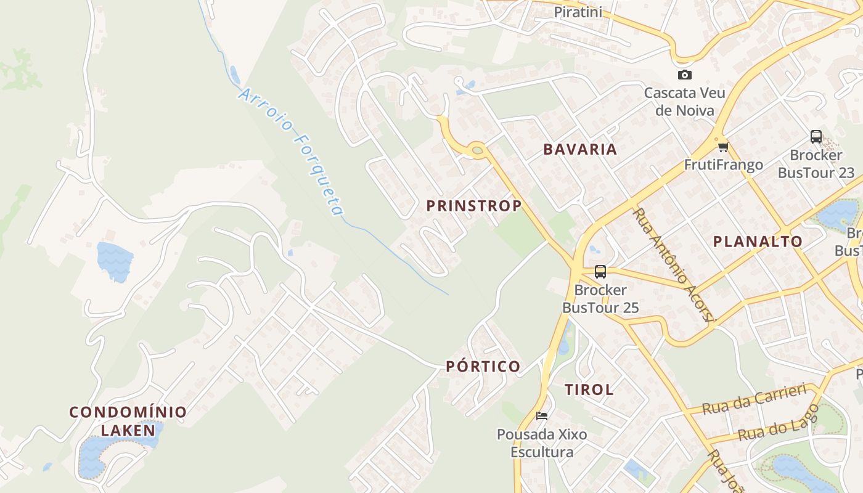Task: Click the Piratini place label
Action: (x=578, y=12)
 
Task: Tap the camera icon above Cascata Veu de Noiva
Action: (x=684, y=75)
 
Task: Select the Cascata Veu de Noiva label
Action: (x=684, y=102)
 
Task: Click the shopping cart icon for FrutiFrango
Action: (x=723, y=147)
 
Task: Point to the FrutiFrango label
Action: (x=723, y=165)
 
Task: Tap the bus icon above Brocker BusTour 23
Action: (x=816, y=136)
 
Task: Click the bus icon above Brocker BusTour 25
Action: (x=600, y=271)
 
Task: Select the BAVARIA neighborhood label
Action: (x=580, y=149)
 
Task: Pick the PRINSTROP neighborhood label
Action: (x=474, y=206)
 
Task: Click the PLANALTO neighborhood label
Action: (x=758, y=242)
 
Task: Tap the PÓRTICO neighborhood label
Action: (x=483, y=367)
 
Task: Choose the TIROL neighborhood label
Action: (x=589, y=389)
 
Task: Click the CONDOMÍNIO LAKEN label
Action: (x=128, y=421)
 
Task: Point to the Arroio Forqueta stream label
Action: (x=290, y=151)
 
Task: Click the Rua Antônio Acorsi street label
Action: (x=674, y=264)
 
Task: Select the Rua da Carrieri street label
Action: (x=755, y=399)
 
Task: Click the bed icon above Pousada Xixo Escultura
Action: (x=542, y=415)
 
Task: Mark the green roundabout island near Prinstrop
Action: (x=477, y=150)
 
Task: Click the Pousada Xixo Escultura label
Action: (x=542, y=443)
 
